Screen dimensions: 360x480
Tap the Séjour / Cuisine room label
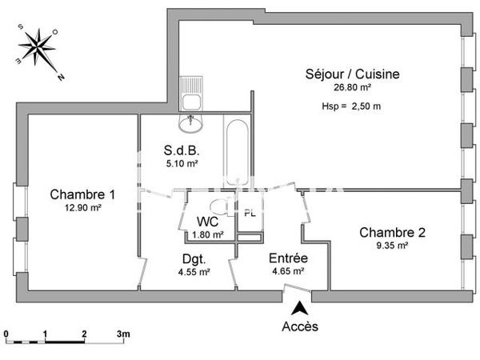pyautogui.click(x=352, y=74)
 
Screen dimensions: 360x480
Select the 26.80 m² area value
pyautogui.click(x=352, y=88)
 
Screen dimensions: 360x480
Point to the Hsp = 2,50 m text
pyautogui.click(x=352, y=106)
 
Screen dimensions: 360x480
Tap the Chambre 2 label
pyautogui.click(x=392, y=233)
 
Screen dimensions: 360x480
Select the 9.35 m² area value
pyautogui.click(x=392, y=246)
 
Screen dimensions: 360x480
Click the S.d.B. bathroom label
pyautogui.click(x=181, y=150)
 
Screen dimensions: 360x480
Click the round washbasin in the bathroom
pyautogui.click(x=192, y=123)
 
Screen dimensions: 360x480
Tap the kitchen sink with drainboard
pyautogui.click(x=191, y=93)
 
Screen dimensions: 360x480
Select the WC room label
pyautogui.click(x=208, y=222)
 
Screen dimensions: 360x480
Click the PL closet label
pyautogui.click(x=250, y=213)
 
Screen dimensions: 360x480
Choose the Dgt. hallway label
pyautogui.click(x=194, y=259)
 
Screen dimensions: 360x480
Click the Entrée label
pyautogui.click(x=289, y=259)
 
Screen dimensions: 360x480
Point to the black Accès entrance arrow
pyautogui.click(x=299, y=307)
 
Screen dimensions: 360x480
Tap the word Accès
pyautogui.click(x=300, y=326)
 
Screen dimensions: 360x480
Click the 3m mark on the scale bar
pyautogui.click(x=123, y=333)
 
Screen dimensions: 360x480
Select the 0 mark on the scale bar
pyautogui.click(x=6, y=333)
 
